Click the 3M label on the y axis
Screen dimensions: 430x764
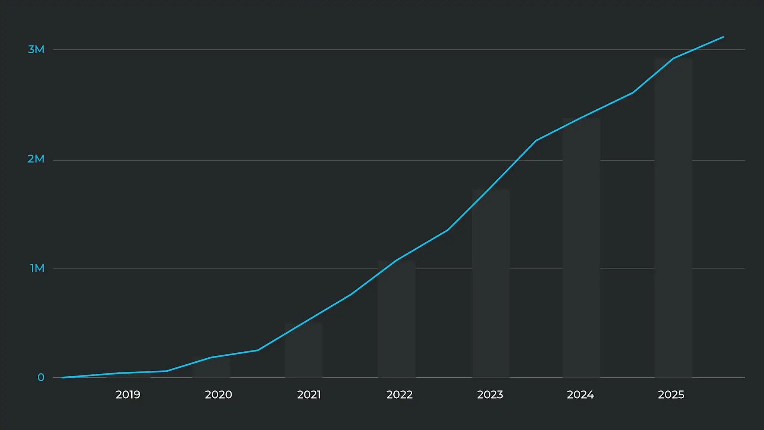coord(36,49)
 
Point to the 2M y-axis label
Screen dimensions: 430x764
coord(36,159)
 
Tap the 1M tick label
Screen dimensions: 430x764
coord(37,268)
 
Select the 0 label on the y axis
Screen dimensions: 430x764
coord(41,377)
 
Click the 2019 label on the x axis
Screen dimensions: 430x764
coord(128,395)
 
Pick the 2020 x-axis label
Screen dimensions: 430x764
coord(219,395)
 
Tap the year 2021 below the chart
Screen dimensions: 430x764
coord(309,395)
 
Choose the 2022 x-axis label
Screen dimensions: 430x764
coord(400,395)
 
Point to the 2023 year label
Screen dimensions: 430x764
coord(490,395)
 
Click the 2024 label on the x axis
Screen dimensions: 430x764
coord(580,395)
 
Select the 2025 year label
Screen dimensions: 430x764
coord(671,395)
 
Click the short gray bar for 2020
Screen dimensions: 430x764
coord(211,370)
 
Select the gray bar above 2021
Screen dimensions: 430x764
coord(304,351)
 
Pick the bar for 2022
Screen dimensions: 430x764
coord(397,321)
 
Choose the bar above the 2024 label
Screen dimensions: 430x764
coord(581,250)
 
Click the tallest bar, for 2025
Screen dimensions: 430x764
coord(673,220)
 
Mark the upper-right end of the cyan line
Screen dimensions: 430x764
coord(723,37)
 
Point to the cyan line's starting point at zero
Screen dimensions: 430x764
coord(62,377)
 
